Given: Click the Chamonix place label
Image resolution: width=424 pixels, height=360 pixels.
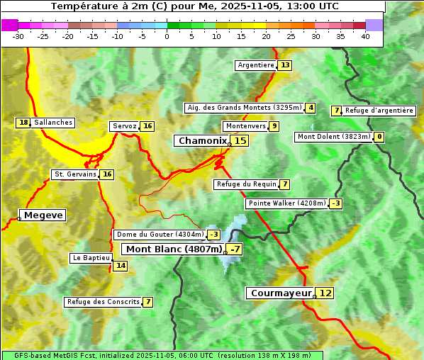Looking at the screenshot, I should click(202, 141).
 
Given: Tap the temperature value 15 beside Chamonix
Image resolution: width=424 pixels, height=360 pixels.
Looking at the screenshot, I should click(240, 141).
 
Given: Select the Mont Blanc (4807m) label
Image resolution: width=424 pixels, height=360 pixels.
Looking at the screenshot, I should click(174, 249).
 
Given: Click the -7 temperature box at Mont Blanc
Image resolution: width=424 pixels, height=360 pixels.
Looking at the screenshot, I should click(235, 249).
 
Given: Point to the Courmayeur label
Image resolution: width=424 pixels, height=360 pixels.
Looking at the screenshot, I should click(281, 293).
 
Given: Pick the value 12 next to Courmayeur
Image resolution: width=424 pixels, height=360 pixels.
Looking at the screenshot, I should click(325, 293).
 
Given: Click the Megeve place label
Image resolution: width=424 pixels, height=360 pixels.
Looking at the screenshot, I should click(43, 215).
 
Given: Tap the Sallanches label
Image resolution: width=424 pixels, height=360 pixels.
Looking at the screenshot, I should click(53, 123).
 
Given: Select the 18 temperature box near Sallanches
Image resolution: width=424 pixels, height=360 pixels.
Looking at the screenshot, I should click(23, 123).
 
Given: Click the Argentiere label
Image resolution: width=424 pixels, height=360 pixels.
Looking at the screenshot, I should click(256, 65).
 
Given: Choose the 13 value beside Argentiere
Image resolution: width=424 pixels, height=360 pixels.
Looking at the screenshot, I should click(285, 65).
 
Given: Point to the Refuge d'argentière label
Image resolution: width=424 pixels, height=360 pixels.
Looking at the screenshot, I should click(379, 111).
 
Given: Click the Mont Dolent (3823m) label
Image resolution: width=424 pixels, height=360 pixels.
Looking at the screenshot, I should click(334, 137).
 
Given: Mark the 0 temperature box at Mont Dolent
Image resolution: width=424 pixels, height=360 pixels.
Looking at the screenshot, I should click(379, 137).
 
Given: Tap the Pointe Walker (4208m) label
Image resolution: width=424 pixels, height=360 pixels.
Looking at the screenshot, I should click(286, 203).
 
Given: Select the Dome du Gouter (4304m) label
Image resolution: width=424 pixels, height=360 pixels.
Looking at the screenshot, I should click(160, 235).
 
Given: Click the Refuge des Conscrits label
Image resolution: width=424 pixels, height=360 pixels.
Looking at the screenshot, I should click(103, 302).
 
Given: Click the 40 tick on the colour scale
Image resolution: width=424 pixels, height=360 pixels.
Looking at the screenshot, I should click(365, 36).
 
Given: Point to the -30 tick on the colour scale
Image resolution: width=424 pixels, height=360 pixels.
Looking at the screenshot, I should click(18, 36).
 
